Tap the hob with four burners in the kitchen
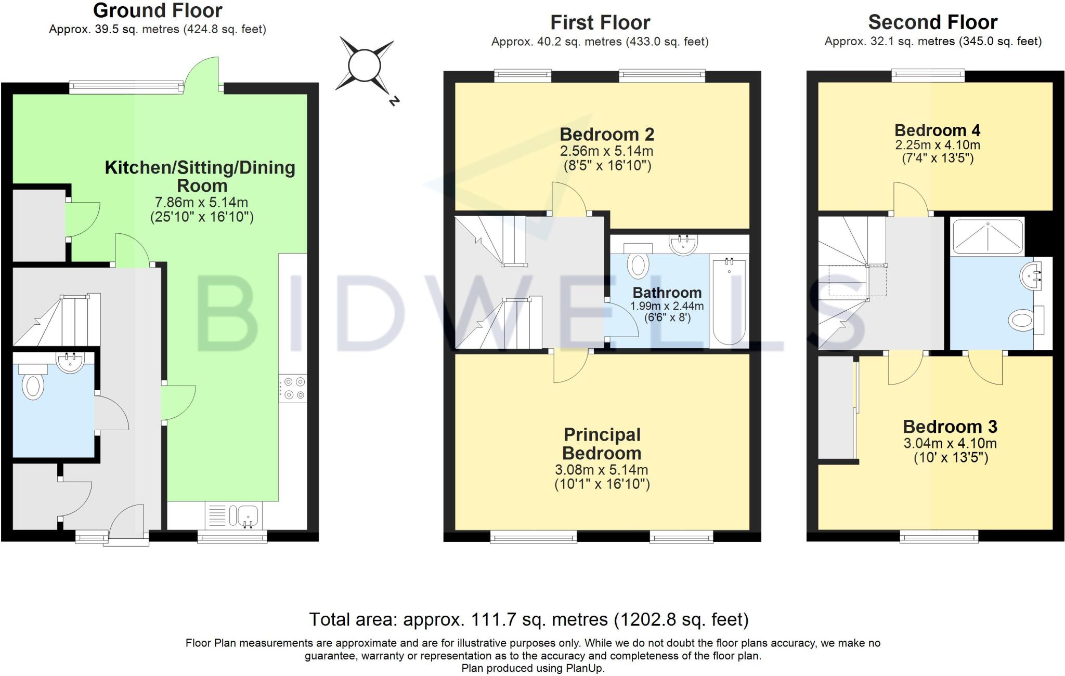point(293,389)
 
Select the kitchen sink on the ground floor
point(248,515)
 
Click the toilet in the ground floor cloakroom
point(33,385)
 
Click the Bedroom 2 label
point(607,135)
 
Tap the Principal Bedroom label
point(602,444)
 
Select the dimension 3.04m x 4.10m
point(950,443)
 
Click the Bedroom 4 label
point(937,130)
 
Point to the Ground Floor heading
point(158,10)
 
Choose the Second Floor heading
point(932,22)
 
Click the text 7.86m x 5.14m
point(201,202)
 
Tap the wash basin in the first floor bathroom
point(683,245)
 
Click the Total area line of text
point(529,619)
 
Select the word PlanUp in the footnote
point(585,668)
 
